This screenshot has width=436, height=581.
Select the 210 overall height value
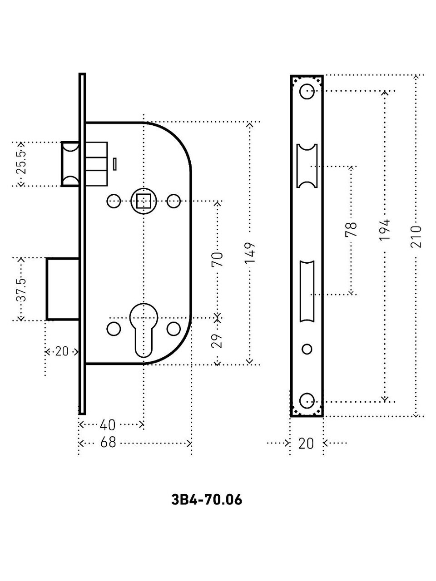[x=417, y=236]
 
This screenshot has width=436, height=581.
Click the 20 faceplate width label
[x=307, y=443]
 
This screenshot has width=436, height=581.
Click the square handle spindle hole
[x=144, y=201]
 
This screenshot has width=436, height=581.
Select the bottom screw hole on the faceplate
[x=307, y=401]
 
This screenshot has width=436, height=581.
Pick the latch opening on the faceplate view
[x=307, y=165]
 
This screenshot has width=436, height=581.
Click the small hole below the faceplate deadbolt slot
[x=307, y=349]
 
